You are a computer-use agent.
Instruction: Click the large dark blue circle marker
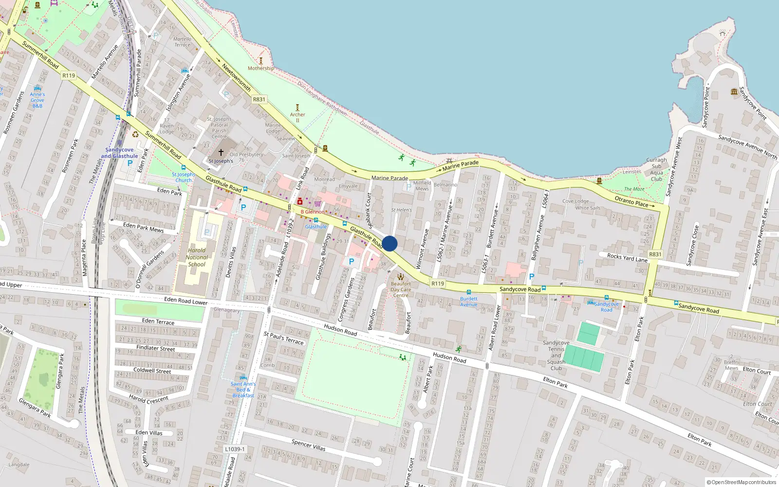pyautogui.click(x=389, y=243)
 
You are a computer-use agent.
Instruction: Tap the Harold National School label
pyautogui.click(x=197, y=258)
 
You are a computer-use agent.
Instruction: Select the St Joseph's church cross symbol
pyautogui.click(x=221, y=152)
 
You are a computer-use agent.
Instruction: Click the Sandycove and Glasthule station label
pyautogui.click(x=119, y=153)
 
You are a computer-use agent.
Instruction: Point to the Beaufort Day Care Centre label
pyautogui.click(x=401, y=289)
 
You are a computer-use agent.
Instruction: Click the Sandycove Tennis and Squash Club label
pyautogui.click(x=556, y=356)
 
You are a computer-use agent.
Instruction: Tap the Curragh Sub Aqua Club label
pyautogui.click(x=656, y=169)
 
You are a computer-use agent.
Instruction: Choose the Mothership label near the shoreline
pyautogui.click(x=260, y=68)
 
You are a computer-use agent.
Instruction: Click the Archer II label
pyautogui.click(x=297, y=117)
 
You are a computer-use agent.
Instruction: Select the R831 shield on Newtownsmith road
pyautogui.click(x=259, y=99)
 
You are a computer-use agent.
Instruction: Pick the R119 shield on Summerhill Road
pyautogui.click(x=69, y=75)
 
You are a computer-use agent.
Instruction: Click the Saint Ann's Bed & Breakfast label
pyautogui.click(x=243, y=390)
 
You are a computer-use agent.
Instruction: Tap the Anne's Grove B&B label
pyautogui.click(x=37, y=100)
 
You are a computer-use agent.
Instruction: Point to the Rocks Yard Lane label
pyautogui.click(x=627, y=258)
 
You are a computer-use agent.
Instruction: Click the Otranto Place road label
pyautogui.click(x=631, y=201)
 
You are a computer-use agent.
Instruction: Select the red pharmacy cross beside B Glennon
pyautogui.click(x=300, y=202)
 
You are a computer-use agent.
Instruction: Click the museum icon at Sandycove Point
pyautogui.click(x=734, y=92)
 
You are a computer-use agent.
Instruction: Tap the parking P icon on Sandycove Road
pyautogui.click(x=532, y=277)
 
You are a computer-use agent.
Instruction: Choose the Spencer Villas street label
pyautogui.click(x=308, y=445)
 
